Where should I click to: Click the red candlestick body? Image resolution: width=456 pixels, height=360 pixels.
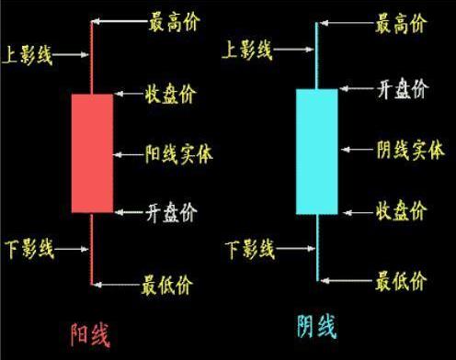point(92,152)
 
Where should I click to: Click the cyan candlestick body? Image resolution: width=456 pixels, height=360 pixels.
point(316,152)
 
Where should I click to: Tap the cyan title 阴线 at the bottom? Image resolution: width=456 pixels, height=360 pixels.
point(315,326)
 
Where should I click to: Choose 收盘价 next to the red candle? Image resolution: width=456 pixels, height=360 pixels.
point(171,95)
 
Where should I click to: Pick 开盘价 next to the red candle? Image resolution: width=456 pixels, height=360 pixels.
point(171,213)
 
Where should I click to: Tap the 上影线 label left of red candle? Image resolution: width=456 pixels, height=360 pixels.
point(28,56)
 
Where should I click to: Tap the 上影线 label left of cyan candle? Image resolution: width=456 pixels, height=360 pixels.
point(248,51)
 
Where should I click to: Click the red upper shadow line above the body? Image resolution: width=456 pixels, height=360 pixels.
point(92,55)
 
